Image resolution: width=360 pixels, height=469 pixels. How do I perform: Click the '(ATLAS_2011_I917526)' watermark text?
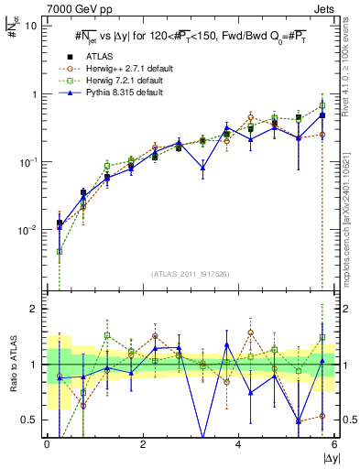click(x=191, y=276)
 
